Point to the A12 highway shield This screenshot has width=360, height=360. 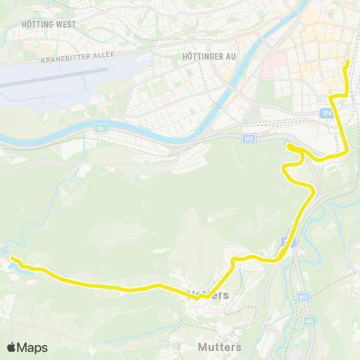248,138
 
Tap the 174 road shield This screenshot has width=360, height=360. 324,112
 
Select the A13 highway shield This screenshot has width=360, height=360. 303,296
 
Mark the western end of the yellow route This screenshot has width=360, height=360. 12,259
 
